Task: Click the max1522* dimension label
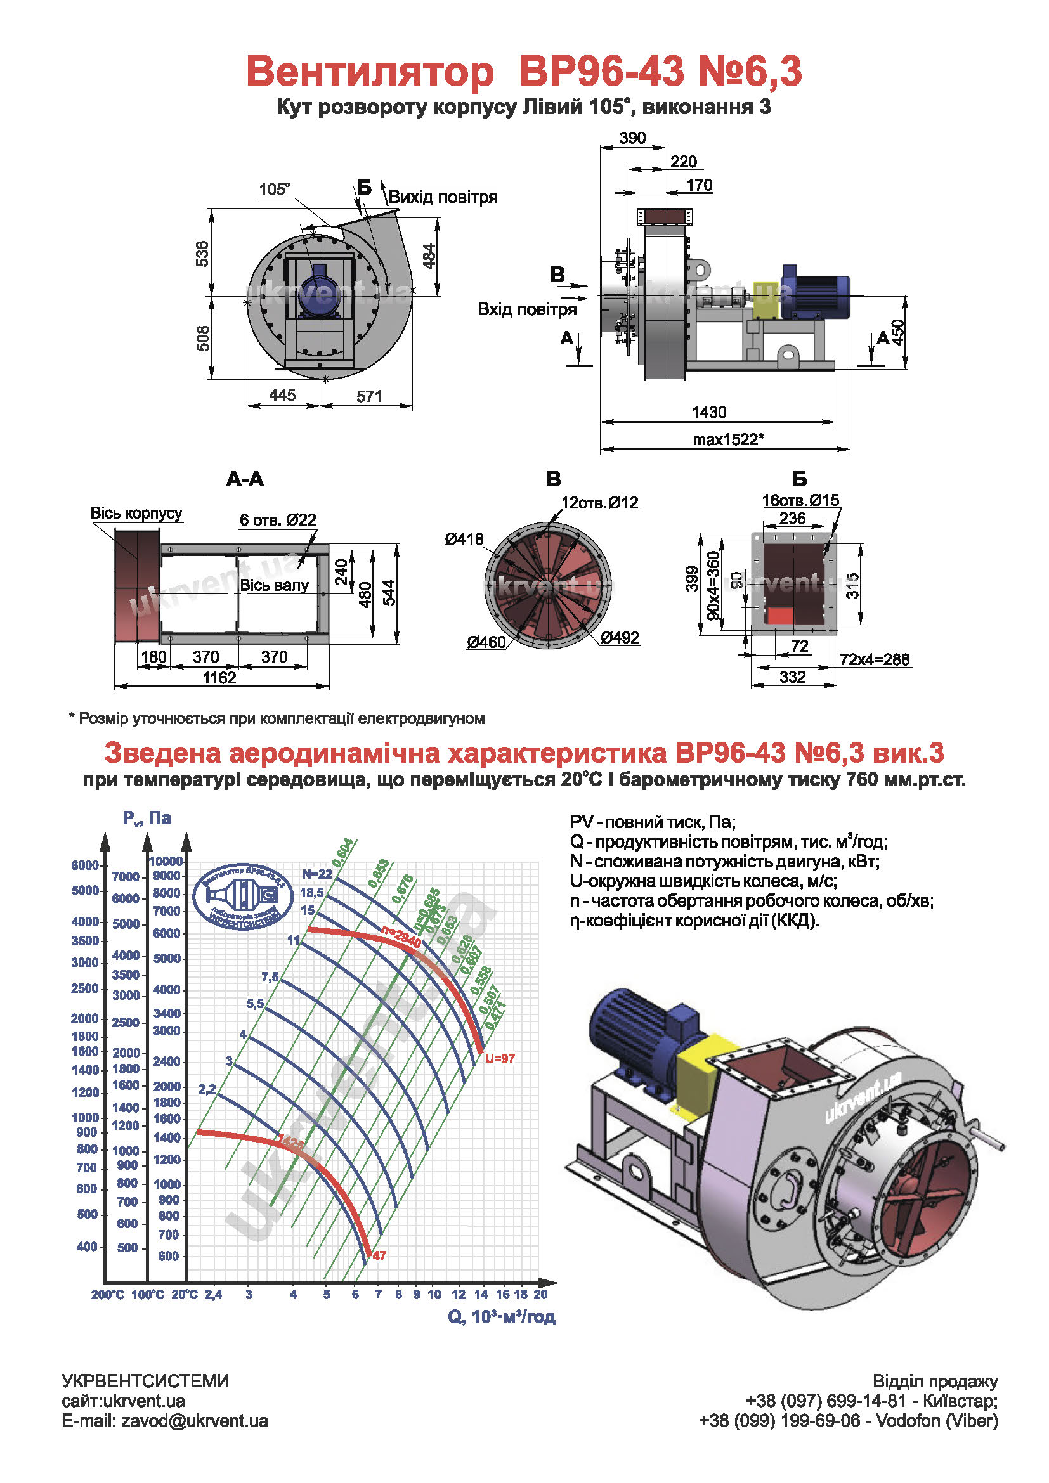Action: click(728, 440)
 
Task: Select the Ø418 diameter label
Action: click(464, 539)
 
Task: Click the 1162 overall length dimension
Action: click(219, 678)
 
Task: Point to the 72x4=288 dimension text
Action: click(875, 659)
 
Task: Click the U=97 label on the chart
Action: click(500, 1058)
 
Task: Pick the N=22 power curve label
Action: click(317, 874)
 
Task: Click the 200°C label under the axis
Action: click(107, 1295)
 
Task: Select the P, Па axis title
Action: click(147, 819)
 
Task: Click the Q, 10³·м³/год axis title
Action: click(502, 1316)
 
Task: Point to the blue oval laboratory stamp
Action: click(242, 897)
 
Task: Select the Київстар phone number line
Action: click(871, 1401)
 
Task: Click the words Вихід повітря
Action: click(443, 197)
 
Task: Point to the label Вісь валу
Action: click(274, 585)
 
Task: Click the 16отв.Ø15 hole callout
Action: click(800, 500)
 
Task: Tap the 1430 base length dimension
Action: click(709, 412)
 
